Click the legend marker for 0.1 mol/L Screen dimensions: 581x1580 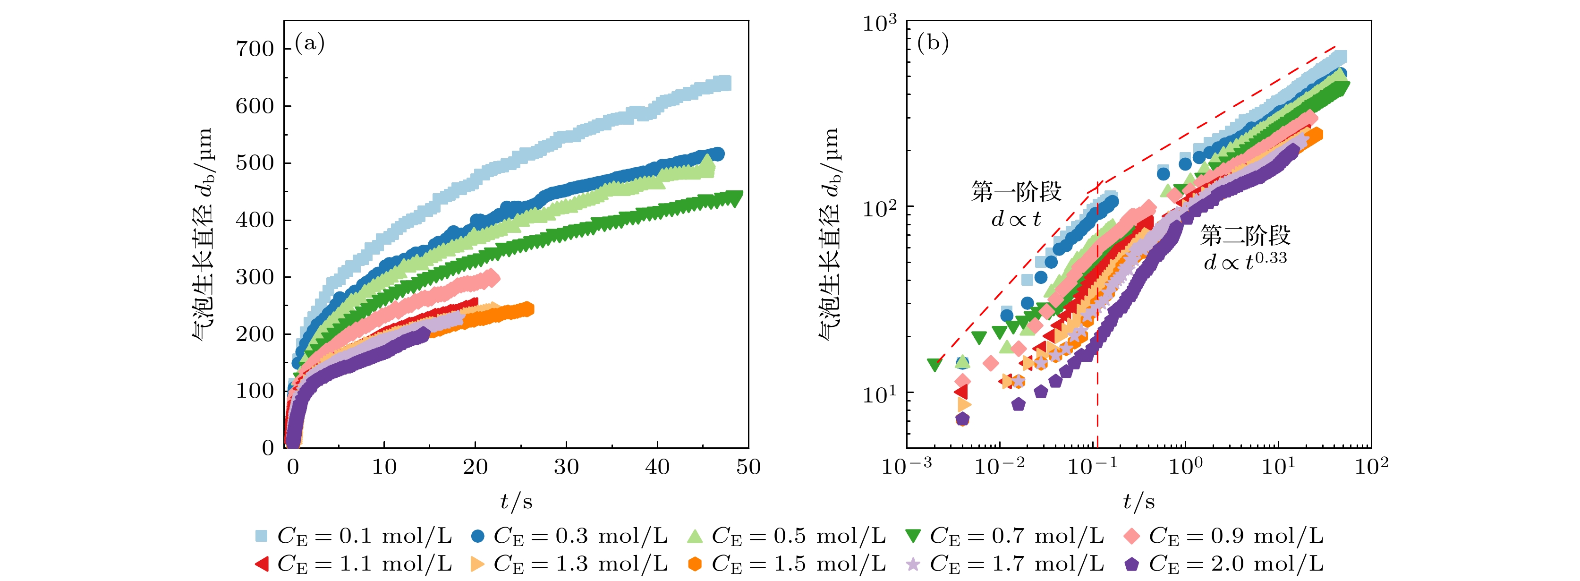coord(261,536)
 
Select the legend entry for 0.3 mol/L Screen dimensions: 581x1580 coord(478,536)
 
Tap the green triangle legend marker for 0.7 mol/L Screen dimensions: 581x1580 coord(913,536)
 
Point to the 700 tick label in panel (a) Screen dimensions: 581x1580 coord(255,49)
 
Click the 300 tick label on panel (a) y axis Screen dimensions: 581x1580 coord(255,277)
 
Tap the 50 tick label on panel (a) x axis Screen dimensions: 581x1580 coord(748,468)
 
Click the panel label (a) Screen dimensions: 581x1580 coord(310,43)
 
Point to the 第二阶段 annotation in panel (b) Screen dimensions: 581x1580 coord(1245,235)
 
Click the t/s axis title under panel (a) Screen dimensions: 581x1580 coord(516,502)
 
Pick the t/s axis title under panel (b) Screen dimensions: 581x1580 coord(1138,502)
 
